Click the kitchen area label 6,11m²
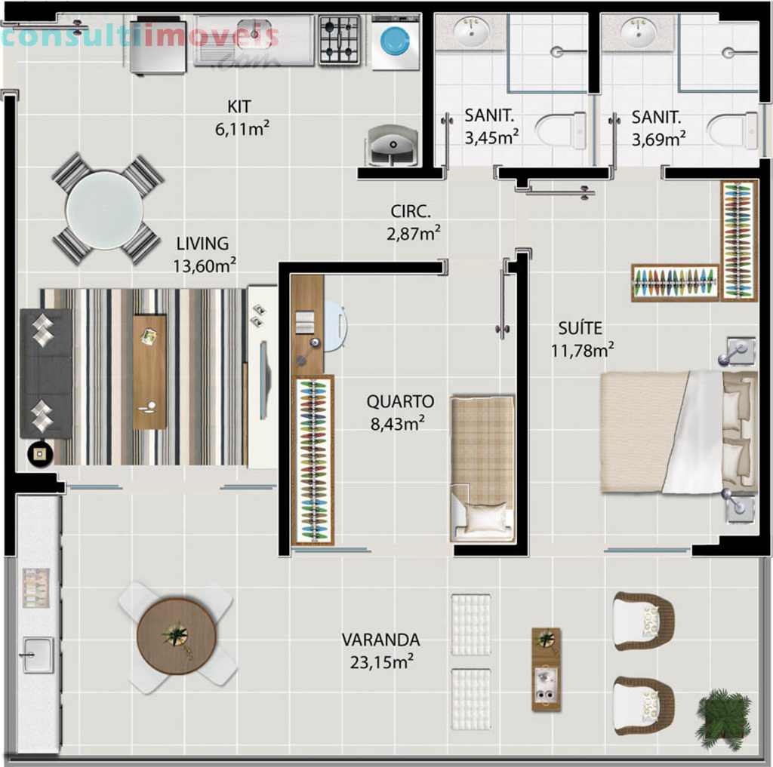242,129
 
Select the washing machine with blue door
396,42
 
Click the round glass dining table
104,210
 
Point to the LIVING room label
202,244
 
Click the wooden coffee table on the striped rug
149,372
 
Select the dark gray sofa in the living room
45,373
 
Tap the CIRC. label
411,211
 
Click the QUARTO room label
400,401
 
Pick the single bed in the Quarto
483,468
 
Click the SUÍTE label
581,328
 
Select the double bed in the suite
679,432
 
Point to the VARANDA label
381,640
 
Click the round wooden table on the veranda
177,636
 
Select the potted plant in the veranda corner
723,719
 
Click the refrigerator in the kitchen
158,46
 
